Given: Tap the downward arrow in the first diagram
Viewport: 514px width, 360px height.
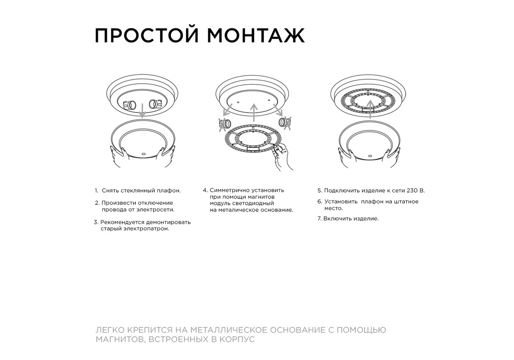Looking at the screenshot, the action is click(142, 110).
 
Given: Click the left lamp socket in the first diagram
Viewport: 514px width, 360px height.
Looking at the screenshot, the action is click(130, 105).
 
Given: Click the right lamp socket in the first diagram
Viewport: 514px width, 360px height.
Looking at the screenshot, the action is click(156, 104).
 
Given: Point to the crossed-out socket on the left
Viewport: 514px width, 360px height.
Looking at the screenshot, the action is click(225, 124).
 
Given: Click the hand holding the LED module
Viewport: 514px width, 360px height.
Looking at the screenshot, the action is click(282, 157).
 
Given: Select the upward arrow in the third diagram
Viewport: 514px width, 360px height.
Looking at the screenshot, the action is click(371, 109).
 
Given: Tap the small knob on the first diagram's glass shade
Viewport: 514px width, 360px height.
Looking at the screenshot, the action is click(143, 153).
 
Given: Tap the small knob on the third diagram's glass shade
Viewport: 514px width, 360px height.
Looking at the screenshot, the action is click(370, 155).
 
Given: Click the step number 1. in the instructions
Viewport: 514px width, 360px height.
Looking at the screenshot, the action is click(96, 191).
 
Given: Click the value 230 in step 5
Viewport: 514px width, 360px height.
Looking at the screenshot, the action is click(412, 191).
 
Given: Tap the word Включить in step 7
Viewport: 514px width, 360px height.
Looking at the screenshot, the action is click(336, 219).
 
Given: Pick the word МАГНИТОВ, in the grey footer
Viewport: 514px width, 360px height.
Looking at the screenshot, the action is click(121, 339).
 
